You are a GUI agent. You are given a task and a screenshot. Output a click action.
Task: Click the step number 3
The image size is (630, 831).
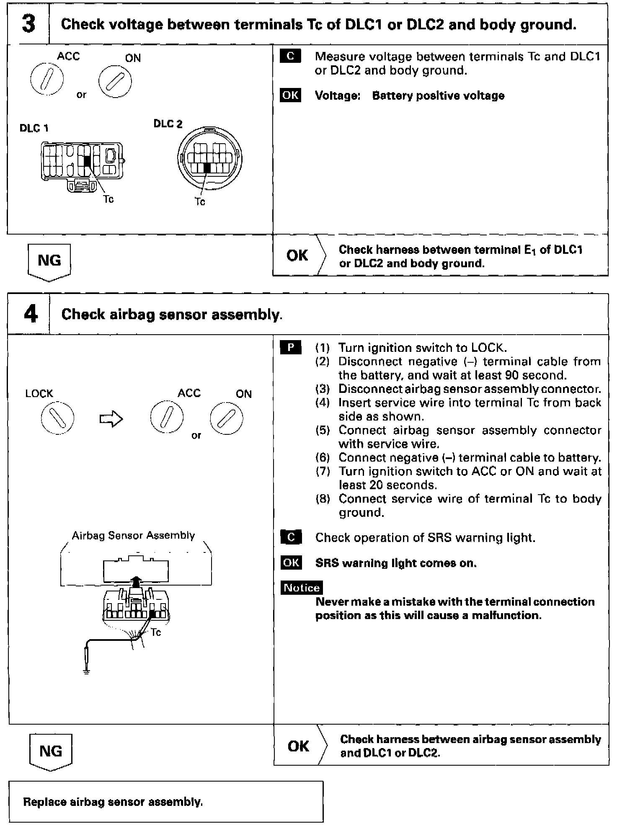tap(28, 24)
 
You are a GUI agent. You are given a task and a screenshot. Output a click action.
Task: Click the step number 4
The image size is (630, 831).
tap(30, 314)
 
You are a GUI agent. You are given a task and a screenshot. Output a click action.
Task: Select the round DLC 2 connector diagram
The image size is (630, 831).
tap(210, 159)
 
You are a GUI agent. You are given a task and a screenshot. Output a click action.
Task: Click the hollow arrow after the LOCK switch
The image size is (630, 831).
tap(111, 419)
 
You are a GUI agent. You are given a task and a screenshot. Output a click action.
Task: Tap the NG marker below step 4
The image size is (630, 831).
tap(51, 751)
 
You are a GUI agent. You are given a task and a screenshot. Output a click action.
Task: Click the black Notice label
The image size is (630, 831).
tap(302, 588)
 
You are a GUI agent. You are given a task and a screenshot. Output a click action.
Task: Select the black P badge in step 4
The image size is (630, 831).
tap(291, 348)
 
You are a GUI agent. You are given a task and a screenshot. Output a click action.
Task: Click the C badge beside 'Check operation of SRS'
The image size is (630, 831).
tap(291, 537)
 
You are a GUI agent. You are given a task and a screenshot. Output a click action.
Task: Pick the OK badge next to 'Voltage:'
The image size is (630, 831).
tap(290, 95)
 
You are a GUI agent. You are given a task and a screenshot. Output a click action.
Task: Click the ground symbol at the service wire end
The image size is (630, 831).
tap(87, 672)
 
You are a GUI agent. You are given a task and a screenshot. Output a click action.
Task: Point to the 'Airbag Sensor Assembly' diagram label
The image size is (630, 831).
tap(133, 535)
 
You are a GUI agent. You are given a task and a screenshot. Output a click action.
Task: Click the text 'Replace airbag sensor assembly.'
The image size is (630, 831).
tap(113, 802)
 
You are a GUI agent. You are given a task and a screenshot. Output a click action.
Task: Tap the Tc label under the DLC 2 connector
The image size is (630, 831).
tap(200, 202)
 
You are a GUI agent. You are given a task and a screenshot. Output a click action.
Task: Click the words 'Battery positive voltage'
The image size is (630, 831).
tap(438, 95)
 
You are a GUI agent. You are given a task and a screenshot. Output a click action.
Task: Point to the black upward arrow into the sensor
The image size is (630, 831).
tap(135, 582)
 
